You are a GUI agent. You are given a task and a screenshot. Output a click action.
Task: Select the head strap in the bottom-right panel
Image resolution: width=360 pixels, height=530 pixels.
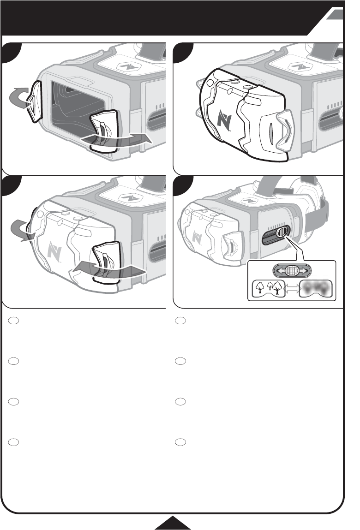318,217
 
